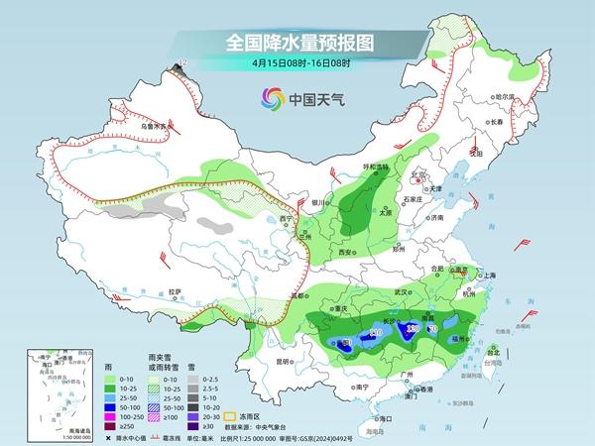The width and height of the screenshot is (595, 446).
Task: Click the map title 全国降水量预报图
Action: pyautogui.click(x=297, y=43)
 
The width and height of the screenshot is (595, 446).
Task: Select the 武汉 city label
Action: pyautogui.click(x=401, y=292)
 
